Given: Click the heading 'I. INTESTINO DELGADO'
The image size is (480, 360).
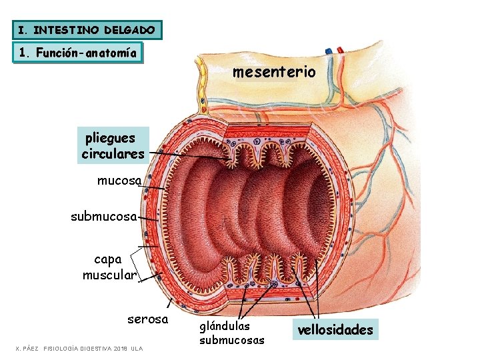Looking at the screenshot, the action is (87, 30).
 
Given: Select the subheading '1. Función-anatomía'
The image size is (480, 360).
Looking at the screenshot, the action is (78, 53).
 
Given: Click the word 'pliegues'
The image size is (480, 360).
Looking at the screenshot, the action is (110, 139).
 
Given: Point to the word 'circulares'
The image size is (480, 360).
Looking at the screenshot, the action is (113, 154).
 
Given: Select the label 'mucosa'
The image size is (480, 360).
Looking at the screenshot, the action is (119, 180).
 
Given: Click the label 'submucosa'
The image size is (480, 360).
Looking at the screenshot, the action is (104, 216).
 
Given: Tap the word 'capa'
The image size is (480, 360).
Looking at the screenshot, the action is (108, 259).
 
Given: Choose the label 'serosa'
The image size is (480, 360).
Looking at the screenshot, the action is (147, 319).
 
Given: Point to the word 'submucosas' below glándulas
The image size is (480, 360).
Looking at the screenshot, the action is (231, 340).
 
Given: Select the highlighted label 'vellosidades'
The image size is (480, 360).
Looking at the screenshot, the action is (335, 329).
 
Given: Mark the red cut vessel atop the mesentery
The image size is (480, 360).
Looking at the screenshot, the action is (340, 50).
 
